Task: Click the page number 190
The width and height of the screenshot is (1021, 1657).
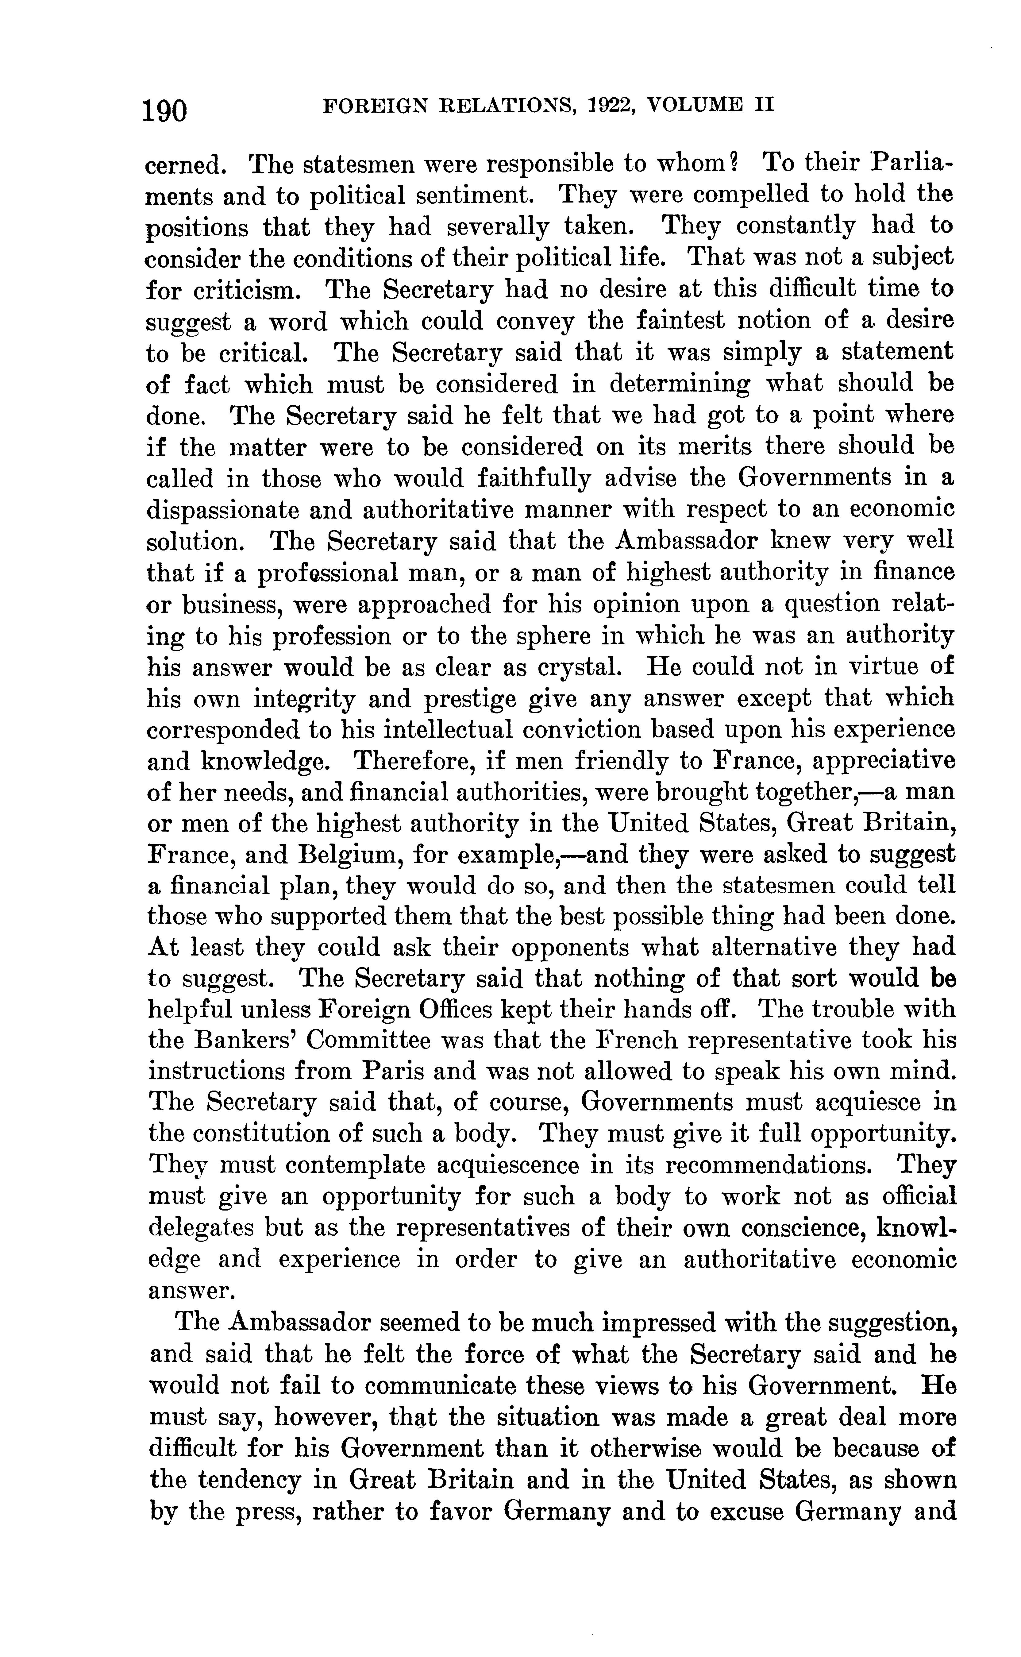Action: (165, 108)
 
